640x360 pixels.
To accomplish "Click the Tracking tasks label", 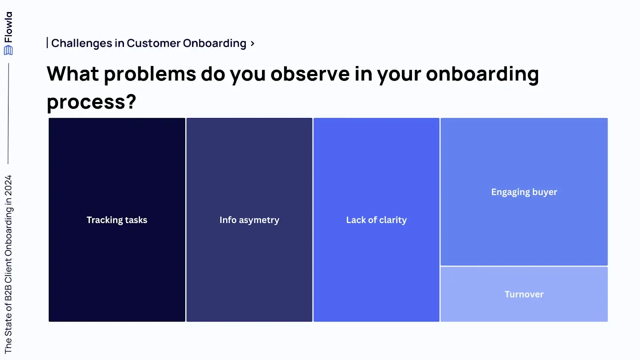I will pos(117,220).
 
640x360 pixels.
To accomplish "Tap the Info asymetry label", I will pos(249,220).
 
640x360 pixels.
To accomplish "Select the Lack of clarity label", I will pos(376,220).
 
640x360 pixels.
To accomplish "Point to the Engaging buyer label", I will pos(524,192).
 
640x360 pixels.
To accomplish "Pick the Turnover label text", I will pos(524,294).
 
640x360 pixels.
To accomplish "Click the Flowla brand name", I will pos(8,27).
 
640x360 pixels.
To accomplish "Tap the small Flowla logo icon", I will pos(8,50).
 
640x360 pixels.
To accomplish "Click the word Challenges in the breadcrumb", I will pos(82,43).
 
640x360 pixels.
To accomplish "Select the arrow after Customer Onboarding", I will pos(252,43).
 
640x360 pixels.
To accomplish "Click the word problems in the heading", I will pos(150,74).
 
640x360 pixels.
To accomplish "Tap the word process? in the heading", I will pos(91,102).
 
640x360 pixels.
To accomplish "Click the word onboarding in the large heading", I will pos(482,74).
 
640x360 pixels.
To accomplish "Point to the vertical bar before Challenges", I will pos(48,43).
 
